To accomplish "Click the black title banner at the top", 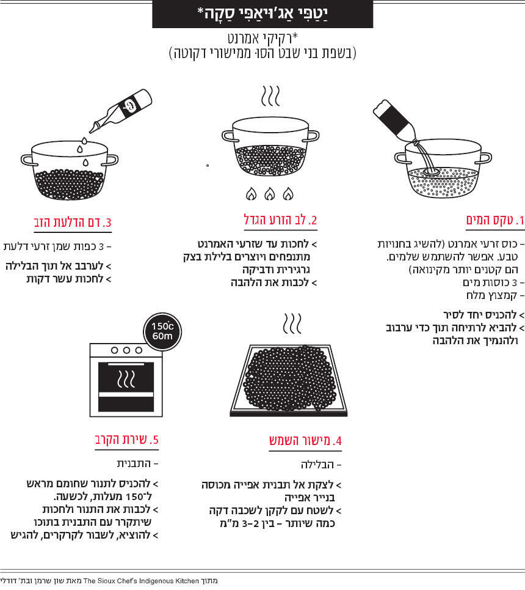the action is coord(262,14).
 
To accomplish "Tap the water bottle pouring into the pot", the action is coord(394,122).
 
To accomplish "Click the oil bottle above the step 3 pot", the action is coord(121,110).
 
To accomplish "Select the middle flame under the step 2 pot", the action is coord(269,194).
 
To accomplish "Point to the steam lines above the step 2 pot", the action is coord(270,96).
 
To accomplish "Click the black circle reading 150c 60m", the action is coord(162,332).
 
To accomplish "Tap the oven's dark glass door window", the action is coord(126,386).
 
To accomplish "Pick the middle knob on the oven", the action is coord(126,350).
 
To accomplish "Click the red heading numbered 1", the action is coord(495,219).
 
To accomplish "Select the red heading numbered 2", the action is coord(280,219).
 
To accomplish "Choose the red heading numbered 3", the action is coord(73,222).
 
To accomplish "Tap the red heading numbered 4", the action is coord(305,441).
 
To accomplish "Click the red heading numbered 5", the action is coord(126,440).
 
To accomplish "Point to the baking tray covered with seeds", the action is coord(289,380).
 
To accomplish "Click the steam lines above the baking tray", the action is coord(292,323).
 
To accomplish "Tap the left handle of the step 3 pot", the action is coord(29,160).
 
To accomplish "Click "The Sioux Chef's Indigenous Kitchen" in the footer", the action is coord(141,581).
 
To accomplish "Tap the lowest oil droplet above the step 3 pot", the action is coord(85,163).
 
